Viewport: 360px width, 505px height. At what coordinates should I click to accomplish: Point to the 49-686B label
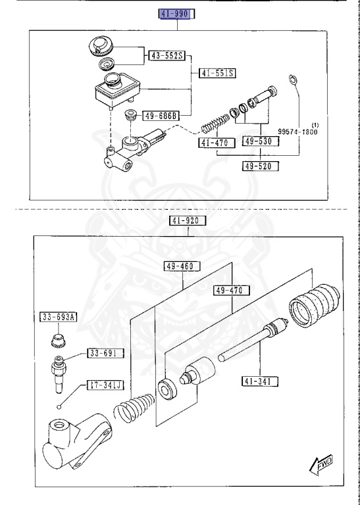tap(161, 116)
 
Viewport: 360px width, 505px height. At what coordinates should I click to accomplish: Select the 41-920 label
tap(189, 220)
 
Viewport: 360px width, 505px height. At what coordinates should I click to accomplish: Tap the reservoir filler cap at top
tap(101, 45)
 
